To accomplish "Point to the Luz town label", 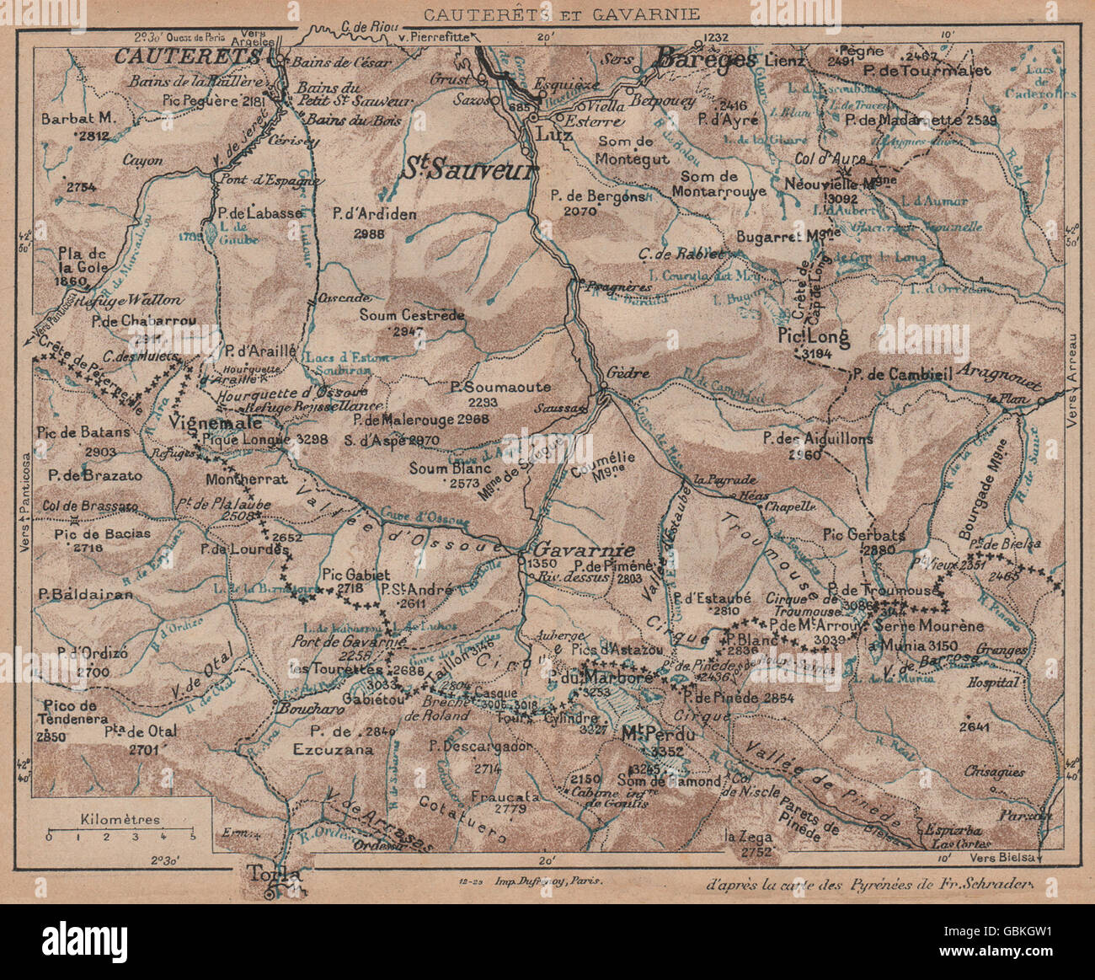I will (550, 135).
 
